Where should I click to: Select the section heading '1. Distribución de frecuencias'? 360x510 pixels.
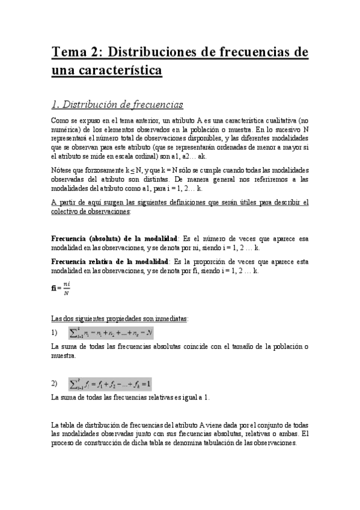tap(117, 105)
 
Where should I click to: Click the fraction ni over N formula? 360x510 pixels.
tap(61, 289)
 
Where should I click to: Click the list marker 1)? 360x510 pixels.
tap(55, 332)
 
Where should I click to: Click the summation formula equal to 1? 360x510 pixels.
tap(110, 383)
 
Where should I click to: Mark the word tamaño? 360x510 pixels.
tap(250, 346)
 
